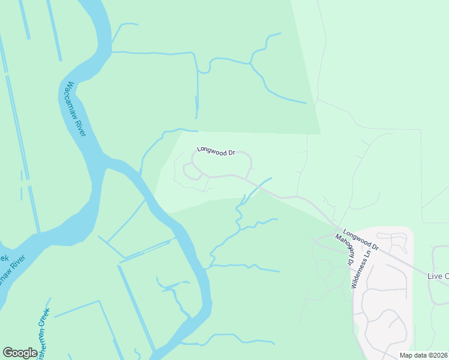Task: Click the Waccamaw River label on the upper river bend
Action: (x=75, y=109)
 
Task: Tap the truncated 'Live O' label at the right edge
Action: (x=438, y=276)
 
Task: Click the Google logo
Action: (x=20, y=353)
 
